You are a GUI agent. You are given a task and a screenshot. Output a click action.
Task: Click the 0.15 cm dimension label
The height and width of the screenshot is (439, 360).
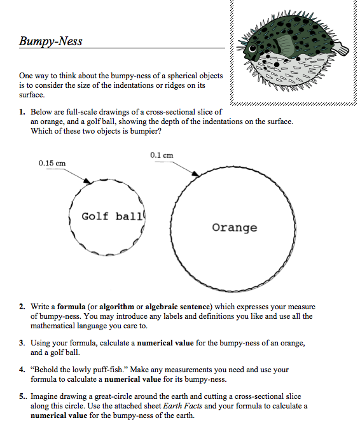pos(52,163)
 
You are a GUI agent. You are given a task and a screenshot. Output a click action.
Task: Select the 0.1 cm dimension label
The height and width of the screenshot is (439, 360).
pos(162,155)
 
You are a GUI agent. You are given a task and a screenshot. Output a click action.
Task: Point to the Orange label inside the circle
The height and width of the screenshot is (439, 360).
pos(235,227)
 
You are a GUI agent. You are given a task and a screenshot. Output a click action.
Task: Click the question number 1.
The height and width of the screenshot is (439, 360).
pos(22,112)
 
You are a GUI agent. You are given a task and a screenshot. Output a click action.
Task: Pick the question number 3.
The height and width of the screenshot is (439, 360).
pos(22,343)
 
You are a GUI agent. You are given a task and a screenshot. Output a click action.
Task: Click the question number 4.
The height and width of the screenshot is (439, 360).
pos(22,370)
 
